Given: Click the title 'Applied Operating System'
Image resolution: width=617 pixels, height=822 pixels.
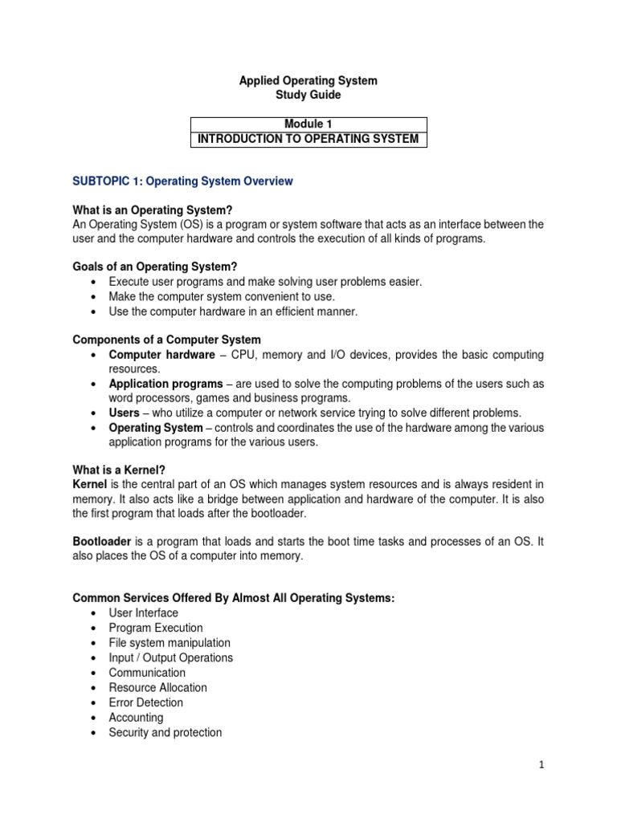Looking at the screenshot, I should [x=308, y=81].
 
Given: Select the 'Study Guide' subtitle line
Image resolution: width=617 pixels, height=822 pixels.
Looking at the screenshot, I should [x=308, y=96].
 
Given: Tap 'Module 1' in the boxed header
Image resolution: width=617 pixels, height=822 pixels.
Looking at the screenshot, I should [x=308, y=124].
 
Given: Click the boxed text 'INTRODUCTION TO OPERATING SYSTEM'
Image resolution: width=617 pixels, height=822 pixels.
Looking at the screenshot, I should [x=308, y=140].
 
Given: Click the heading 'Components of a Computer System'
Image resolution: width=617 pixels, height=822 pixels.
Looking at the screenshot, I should [x=166, y=340].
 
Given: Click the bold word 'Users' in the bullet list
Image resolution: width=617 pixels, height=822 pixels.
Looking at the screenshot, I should [x=125, y=413].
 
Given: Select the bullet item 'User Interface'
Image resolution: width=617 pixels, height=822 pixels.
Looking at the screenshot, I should [x=144, y=613].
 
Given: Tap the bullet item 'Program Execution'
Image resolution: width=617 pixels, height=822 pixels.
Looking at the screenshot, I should [x=156, y=628].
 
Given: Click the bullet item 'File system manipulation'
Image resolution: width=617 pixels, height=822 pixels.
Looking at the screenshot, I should [x=170, y=643].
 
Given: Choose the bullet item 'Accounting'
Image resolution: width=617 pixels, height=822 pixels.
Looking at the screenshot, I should [x=136, y=718].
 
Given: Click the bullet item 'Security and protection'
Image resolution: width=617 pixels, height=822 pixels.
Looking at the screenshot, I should [x=165, y=733].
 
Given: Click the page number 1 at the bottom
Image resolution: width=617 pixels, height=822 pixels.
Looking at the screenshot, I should [x=541, y=765].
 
